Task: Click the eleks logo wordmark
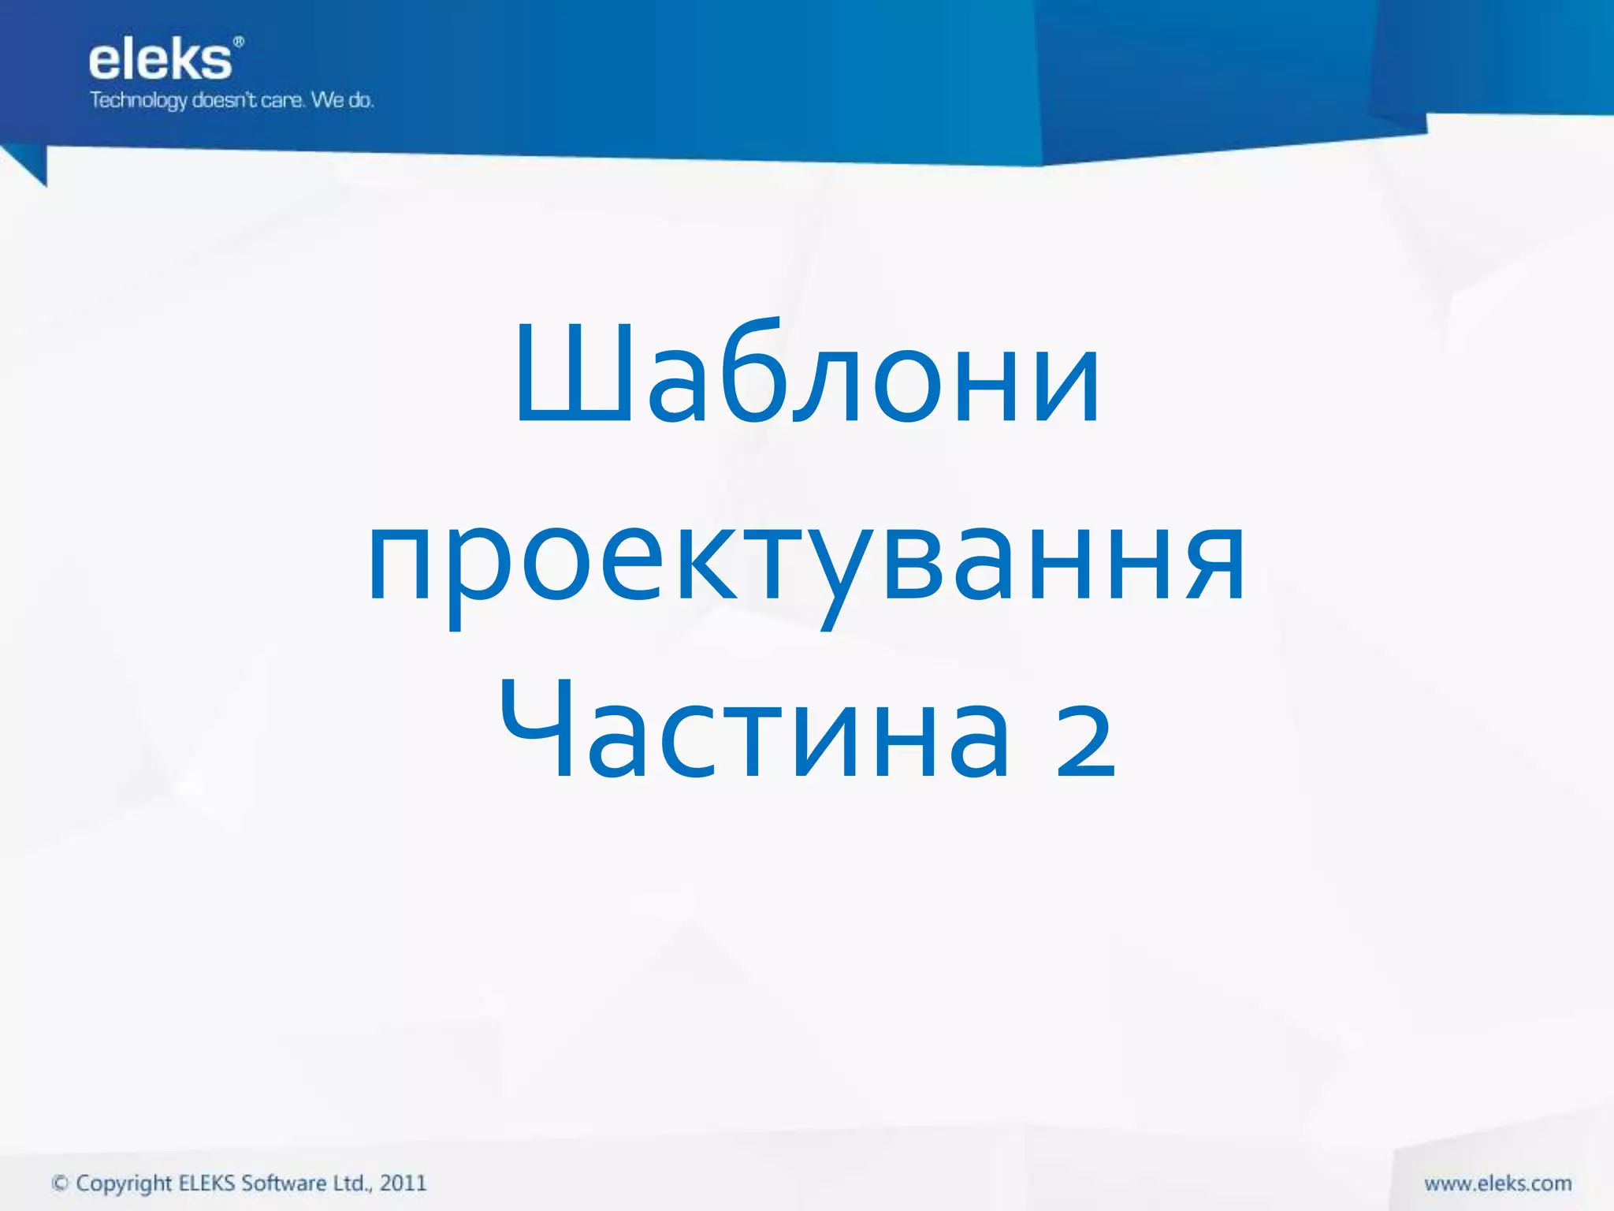(x=160, y=61)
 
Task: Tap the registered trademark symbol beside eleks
(x=239, y=42)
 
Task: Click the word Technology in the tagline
(x=138, y=101)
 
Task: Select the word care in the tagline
(x=281, y=101)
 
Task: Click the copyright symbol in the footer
(x=60, y=1183)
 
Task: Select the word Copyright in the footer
(x=124, y=1183)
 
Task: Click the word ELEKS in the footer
(x=206, y=1183)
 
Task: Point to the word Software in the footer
(x=284, y=1183)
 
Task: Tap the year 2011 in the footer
(x=403, y=1183)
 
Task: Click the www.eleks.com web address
(x=1497, y=1183)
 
